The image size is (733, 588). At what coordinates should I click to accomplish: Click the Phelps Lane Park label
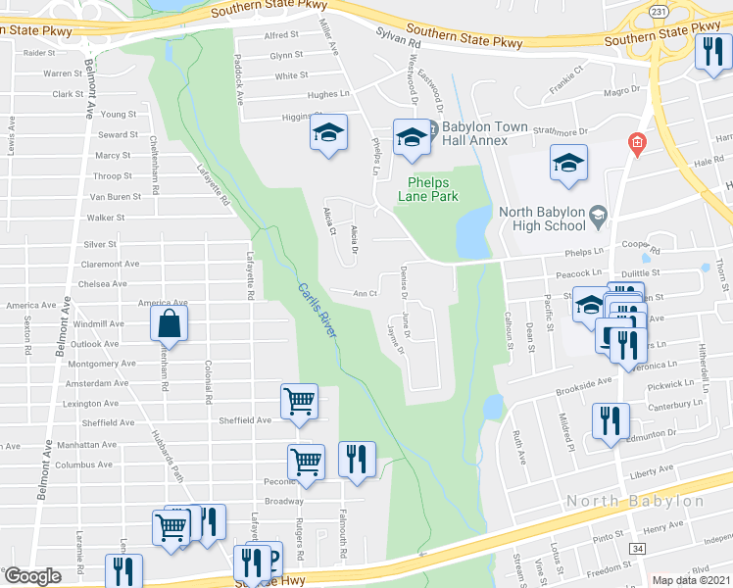[x=432, y=187]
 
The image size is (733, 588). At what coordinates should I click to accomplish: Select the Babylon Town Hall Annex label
[x=474, y=134]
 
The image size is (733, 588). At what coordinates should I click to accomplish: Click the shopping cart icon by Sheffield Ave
[x=300, y=400]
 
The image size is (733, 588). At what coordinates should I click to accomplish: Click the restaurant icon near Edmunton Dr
[x=611, y=421]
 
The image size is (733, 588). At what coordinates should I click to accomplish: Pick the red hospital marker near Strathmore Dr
[x=637, y=145]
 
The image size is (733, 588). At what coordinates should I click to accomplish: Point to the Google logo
[x=32, y=576]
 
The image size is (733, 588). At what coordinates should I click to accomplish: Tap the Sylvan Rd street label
[x=400, y=39]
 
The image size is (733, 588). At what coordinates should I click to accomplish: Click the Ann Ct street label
[x=366, y=293]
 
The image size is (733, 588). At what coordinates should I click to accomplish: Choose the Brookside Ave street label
[x=583, y=388]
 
